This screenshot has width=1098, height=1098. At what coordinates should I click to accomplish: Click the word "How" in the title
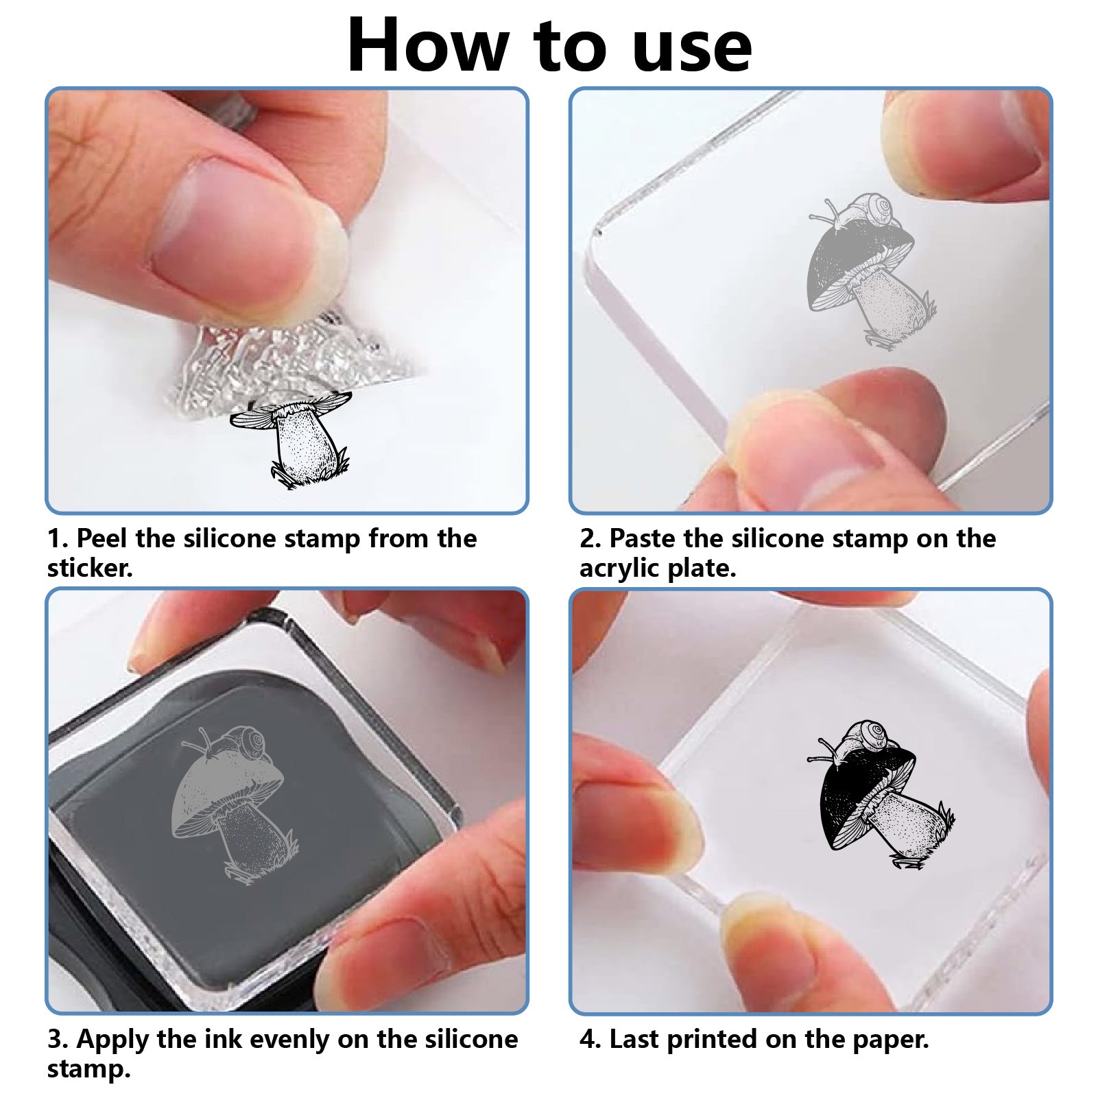pyautogui.click(x=427, y=45)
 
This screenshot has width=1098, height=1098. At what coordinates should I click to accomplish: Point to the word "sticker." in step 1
pyautogui.click(x=90, y=568)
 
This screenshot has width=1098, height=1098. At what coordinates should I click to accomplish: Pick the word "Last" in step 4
pyautogui.click(x=634, y=1039)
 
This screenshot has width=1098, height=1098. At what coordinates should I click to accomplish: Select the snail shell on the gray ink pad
pyautogui.click(x=248, y=743)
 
